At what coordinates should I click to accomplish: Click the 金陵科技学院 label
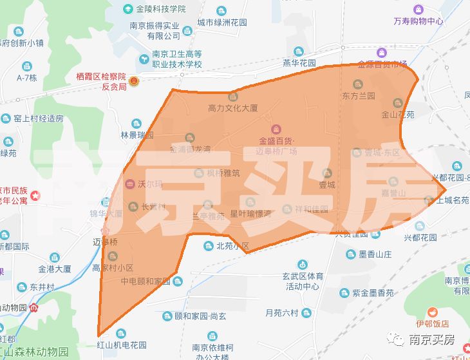[x=160, y=10]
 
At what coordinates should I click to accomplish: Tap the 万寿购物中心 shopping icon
[x=418, y=10]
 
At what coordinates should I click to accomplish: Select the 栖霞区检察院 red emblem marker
[x=133, y=81]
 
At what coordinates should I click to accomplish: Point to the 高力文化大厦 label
[x=232, y=108]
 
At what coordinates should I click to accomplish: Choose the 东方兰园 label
[x=359, y=96]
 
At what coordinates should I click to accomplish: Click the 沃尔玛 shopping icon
[x=129, y=184]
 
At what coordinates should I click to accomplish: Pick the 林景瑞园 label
[x=137, y=135]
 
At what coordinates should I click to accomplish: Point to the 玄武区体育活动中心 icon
[x=303, y=264]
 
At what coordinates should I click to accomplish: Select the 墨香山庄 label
[x=375, y=254]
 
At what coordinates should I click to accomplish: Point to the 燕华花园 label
[x=299, y=64]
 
